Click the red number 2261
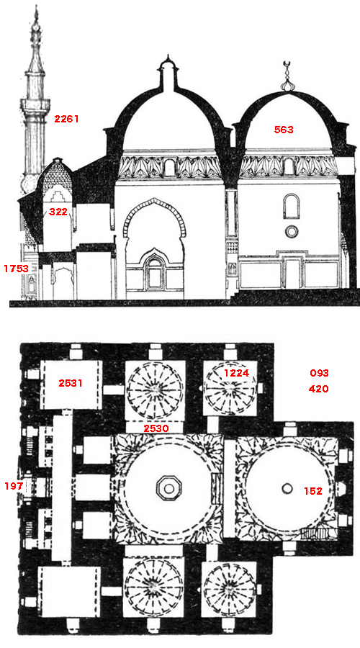(66, 119)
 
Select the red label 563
(284, 130)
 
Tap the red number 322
(58, 212)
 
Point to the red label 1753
(16, 269)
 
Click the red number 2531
(71, 383)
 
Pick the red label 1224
(236, 373)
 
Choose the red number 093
(319, 373)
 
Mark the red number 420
(319, 389)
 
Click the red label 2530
(156, 428)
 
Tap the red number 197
(14, 486)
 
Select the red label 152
(313, 491)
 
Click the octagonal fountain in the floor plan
(168, 489)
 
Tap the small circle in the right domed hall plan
(287, 489)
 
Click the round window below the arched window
(292, 231)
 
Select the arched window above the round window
(292, 206)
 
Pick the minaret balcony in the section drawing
(35, 107)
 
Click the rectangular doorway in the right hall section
(292, 274)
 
